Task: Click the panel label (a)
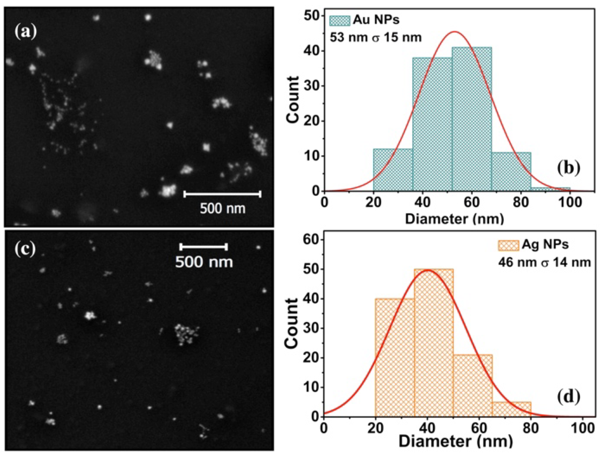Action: (25, 32)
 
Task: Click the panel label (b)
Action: (568, 168)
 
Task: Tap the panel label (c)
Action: (25, 249)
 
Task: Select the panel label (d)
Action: (568, 397)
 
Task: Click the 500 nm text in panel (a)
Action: (223, 209)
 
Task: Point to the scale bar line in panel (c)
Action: (204, 247)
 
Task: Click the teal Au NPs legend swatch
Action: (340, 21)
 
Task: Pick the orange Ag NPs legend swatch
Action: (508, 245)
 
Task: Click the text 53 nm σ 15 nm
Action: (376, 38)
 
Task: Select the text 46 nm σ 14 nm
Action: (544, 262)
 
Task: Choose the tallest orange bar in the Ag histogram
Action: (434, 342)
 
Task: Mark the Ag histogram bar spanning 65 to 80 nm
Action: (511, 409)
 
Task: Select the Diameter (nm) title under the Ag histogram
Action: (455, 442)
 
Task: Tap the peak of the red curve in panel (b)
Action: (455, 32)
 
